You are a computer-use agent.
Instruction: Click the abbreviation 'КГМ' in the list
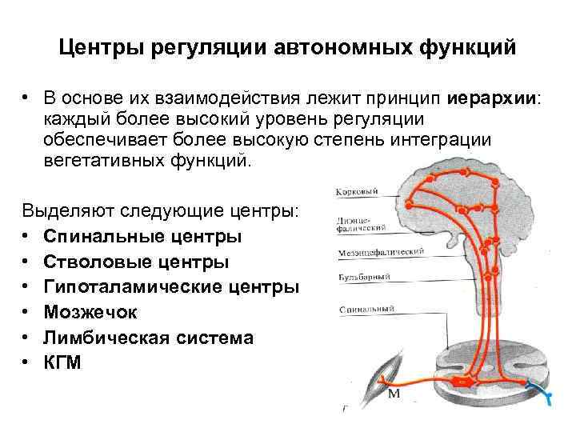(62, 362)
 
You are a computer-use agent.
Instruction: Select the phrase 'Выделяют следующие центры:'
(160, 213)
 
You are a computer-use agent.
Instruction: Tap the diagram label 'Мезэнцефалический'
(376, 251)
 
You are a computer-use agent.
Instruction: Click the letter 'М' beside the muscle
(394, 395)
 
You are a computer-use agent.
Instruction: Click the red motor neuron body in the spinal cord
(462, 382)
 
